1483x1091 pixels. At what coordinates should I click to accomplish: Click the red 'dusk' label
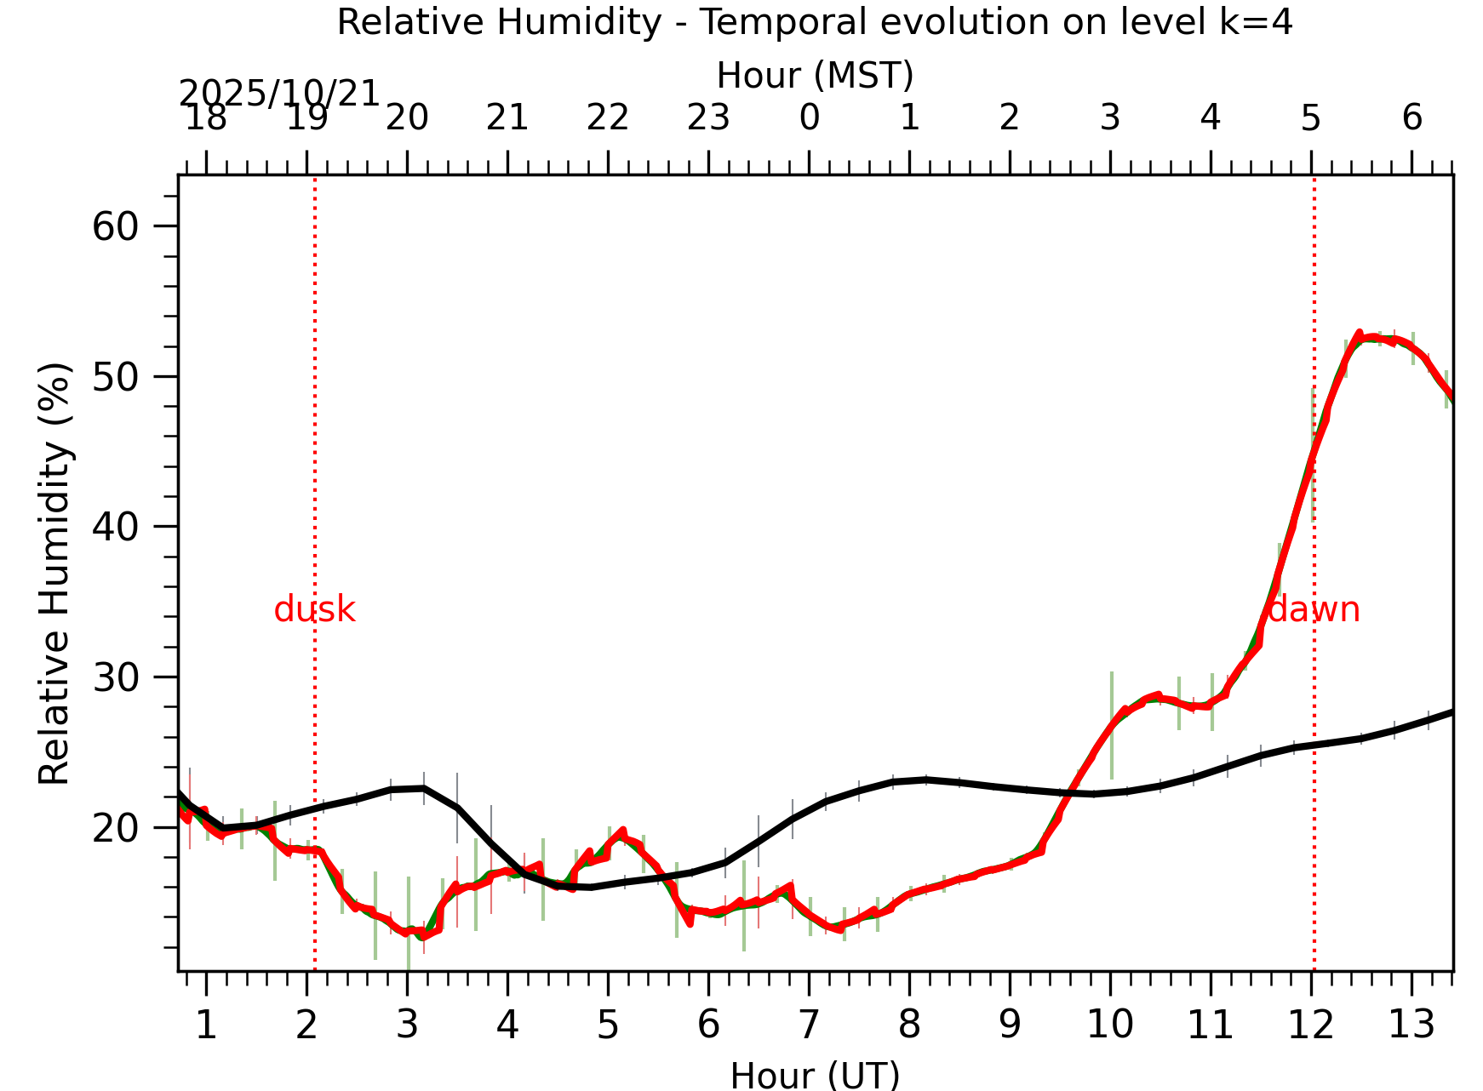(314, 609)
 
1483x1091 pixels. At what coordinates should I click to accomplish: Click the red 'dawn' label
(1314, 609)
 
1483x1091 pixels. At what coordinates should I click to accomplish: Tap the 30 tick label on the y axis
(115, 677)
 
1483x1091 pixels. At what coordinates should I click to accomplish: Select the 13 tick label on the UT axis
(1411, 1024)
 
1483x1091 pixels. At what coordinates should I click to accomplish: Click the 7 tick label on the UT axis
(808, 1024)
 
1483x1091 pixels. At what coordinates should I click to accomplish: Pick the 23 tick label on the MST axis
(708, 117)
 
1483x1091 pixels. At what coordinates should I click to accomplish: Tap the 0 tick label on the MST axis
(809, 117)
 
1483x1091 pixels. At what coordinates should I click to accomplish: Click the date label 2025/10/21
(278, 93)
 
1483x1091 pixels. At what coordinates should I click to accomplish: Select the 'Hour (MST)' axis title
(815, 75)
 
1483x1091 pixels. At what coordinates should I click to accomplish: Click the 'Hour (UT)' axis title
(815, 1075)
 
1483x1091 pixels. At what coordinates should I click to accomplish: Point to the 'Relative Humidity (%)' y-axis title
(54, 573)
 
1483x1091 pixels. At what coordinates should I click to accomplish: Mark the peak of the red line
(1359, 333)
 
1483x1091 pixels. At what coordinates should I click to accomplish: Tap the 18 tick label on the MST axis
(205, 117)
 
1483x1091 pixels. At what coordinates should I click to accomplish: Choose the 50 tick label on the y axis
(115, 377)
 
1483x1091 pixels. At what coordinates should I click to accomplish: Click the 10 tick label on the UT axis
(1109, 1024)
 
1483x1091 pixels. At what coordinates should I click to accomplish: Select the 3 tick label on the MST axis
(1109, 117)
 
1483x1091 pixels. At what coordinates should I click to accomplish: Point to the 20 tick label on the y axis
(115, 828)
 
